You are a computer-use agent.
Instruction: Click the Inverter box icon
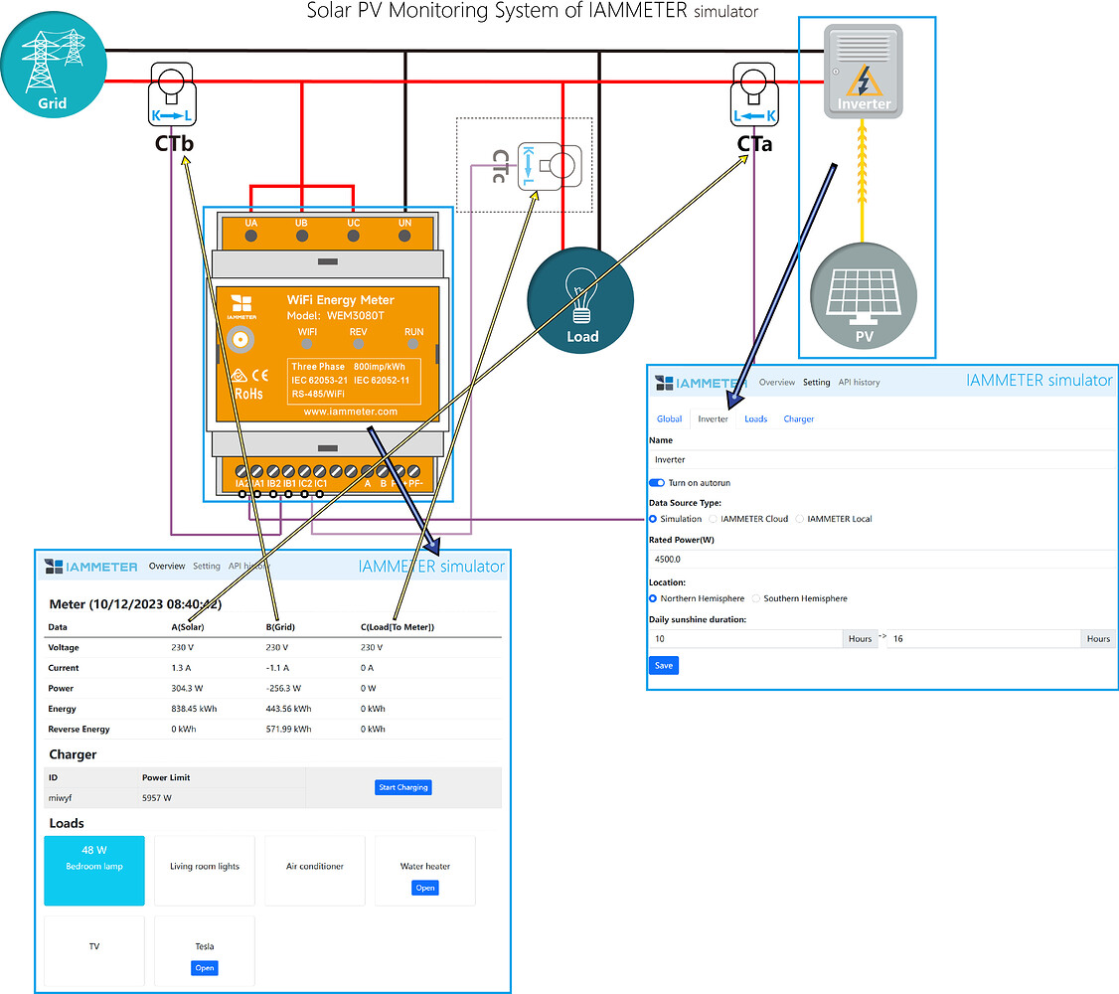[863, 72]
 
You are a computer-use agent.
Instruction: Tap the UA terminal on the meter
[250, 235]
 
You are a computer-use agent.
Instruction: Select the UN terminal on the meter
[404, 235]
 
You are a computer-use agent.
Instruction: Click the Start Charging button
[402, 787]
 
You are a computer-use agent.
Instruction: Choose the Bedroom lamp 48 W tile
[94, 870]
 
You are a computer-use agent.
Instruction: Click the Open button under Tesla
[204, 967]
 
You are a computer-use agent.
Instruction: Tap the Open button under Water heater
[425, 888]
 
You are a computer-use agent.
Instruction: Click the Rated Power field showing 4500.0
[880, 560]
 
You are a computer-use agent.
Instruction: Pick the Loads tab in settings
[755, 418]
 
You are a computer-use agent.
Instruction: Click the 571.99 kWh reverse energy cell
[288, 729]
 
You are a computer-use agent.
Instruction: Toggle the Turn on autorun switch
[657, 482]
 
